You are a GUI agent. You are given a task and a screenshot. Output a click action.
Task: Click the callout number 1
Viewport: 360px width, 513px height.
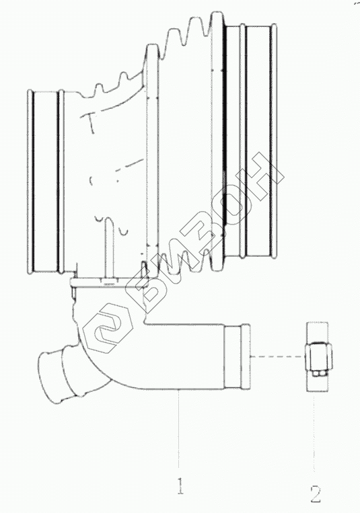(x=180, y=486)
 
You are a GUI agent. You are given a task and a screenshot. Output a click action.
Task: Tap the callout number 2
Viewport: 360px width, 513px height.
(x=316, y=494)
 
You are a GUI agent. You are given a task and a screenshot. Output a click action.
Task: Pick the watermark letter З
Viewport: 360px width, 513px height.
(x=207, y=232)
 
